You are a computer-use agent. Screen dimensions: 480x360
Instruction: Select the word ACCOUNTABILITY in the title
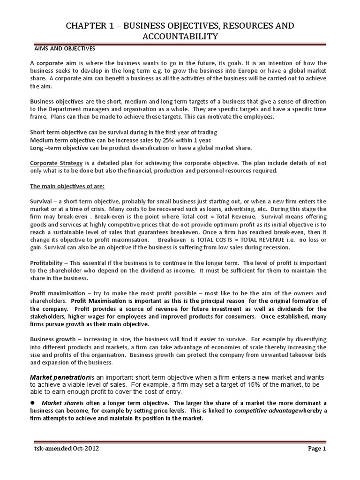pos(180,37)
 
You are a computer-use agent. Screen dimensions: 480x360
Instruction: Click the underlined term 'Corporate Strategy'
pos(56,163)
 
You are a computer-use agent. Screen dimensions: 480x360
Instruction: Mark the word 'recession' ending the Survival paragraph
pos(276,247)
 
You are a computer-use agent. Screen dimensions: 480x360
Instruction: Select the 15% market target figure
pos(239,384)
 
